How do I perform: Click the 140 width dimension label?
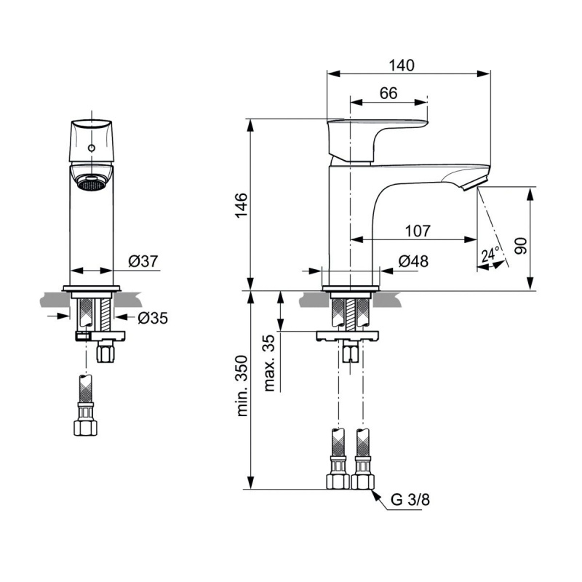[x=402, y=65]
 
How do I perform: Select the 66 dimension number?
[x=388, y=93]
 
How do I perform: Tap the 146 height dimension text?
[x=241, y=205]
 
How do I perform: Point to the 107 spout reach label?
[x=418, y=231]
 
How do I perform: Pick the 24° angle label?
[x=490, y=255]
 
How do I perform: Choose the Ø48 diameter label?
[x=413, y=261]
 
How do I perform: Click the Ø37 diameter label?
[x=143, y=261]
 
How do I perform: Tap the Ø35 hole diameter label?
[x=153, y=318]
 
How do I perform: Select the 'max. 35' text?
[x=269, y=363]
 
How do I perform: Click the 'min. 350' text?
[x=242, y=386]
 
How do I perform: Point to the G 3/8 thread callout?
[x=410, y=500]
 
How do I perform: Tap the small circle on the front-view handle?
[x=92, y=148]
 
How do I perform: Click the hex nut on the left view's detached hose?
[x=85, y=428]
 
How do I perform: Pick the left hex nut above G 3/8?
[x=338, y=481]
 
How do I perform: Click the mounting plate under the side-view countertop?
[x=348, y=336]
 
